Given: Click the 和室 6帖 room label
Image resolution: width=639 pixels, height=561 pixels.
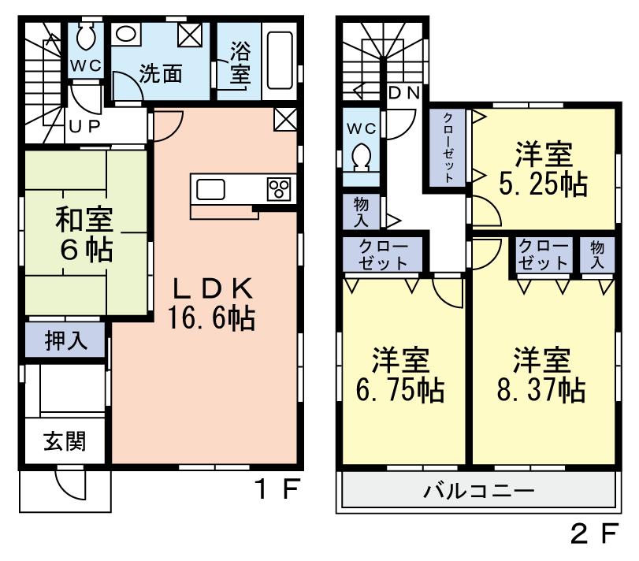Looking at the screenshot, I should tap(83, 235).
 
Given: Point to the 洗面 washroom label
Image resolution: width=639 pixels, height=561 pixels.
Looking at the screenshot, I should tap(161, 74).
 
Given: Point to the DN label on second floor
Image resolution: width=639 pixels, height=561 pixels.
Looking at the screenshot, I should tap(405, 91).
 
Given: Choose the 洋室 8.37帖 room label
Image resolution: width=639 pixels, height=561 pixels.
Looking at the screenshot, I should tap(542, 375).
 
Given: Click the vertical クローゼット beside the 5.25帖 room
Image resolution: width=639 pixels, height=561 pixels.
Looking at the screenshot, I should tap(447, 147).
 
